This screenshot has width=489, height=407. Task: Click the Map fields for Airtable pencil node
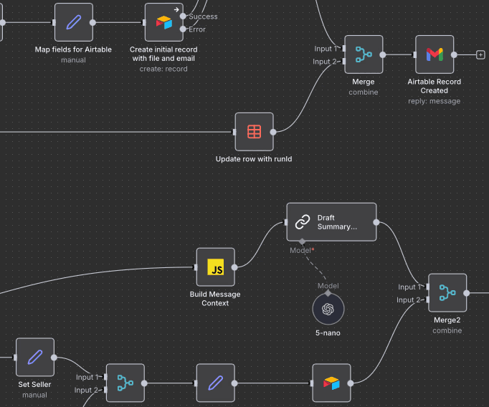pos(74,22)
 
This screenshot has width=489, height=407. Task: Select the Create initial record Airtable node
pos(163,22)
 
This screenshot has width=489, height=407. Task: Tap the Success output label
pos(203,16)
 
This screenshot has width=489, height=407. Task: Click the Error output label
pos(197,29)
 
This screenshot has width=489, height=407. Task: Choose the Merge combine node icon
pos(364,54)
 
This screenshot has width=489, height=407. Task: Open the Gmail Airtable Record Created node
pos(435,54)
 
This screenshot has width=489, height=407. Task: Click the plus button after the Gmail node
pos(480,54)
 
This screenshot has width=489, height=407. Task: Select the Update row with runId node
pos(254,132)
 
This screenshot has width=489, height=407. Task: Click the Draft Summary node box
pos(331,222)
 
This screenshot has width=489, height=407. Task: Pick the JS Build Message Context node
pos(215,267)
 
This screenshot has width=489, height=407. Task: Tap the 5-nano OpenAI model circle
pos(328,309)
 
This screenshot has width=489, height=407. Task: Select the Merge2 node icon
pos(447,292)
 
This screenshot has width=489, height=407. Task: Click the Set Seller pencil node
pos(35,357)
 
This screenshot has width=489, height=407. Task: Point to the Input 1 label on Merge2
pos(409,287)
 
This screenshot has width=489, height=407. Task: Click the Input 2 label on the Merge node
pos(325,62)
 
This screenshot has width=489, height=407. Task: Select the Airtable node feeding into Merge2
pos(331,383)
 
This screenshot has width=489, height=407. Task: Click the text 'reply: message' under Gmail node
pos(435,101)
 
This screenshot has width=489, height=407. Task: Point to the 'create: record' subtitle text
pos(163,69)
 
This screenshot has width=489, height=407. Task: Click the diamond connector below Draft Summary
pos(302,241)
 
